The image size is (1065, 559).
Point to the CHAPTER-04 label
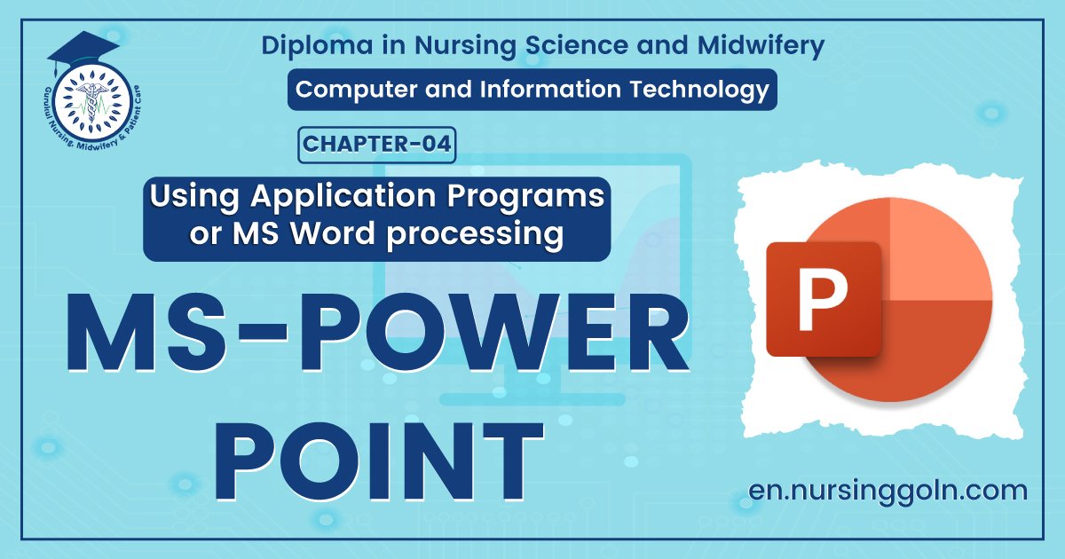[x=377, y=146]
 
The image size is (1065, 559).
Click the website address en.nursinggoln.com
[x=887, y=490]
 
